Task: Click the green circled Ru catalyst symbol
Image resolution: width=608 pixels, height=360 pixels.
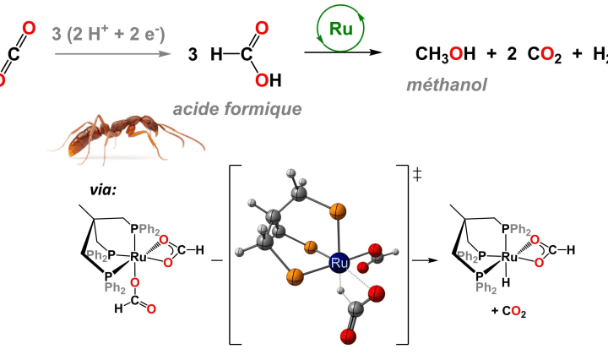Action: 340,28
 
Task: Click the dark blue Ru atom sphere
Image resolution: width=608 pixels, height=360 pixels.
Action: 341,265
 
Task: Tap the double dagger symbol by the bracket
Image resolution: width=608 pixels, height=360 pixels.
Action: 417,175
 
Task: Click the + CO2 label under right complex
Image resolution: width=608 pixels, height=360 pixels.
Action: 508,310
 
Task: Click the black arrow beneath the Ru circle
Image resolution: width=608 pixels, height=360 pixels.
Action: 342,53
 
